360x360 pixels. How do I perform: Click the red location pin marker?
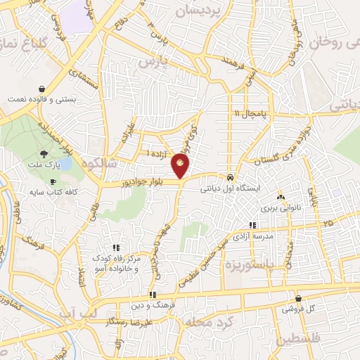(x=181, y=166)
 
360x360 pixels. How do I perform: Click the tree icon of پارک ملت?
(x=44, y=154)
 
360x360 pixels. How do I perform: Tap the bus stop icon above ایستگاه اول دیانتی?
(x=231, y=176)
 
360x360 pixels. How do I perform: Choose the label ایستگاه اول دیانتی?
(x=231, y=188)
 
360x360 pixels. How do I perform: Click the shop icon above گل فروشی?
(x=299, y=298)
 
